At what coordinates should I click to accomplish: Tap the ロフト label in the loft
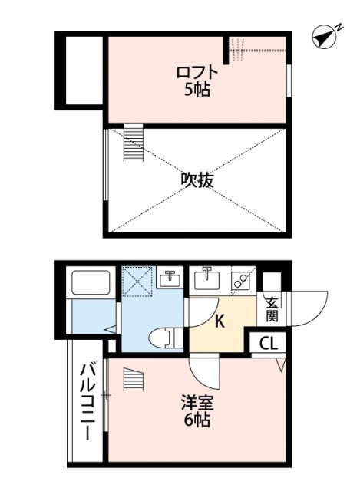click(x=197, y=73)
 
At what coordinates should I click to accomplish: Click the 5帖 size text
click(x=197, y=89)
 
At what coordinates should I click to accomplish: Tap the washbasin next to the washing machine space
click(x=170, y=278)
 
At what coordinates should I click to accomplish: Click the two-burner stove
click(x=241, y=280)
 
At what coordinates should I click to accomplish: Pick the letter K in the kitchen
click(x=219, y=321)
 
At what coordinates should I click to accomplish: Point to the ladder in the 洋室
click(x=134, y=380)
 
